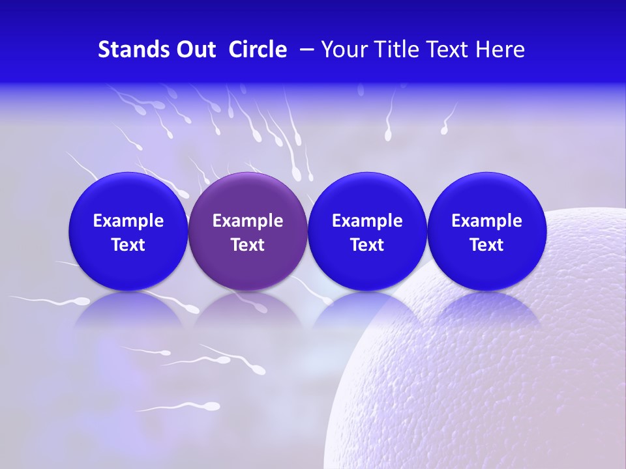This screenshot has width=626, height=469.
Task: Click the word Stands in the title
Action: coord(132,50)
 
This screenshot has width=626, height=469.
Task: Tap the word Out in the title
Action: coord(194,50)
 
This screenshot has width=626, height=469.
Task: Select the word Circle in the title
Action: coord(258,50)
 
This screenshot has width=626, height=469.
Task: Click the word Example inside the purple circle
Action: coord(248,221)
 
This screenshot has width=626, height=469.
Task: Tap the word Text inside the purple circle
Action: coord(248,245)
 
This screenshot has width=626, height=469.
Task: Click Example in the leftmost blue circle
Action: coord(128,221)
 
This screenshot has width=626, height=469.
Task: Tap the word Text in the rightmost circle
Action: coord(486,245)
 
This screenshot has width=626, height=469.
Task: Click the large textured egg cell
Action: coord(496,378)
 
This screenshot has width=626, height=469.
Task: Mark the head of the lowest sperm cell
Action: coord(213,406)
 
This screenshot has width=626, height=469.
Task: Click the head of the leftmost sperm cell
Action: coord(82,300)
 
